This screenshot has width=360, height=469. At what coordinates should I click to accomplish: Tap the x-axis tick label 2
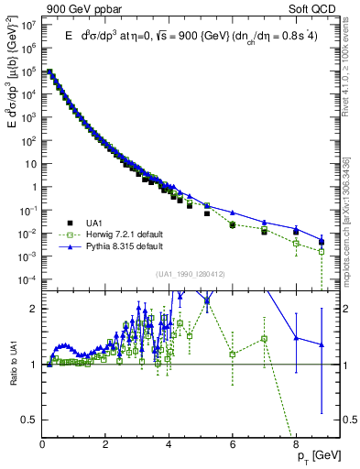point(105,446)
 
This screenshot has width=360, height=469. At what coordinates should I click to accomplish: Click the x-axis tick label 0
point(42,446)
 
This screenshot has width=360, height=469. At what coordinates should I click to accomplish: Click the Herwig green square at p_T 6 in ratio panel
point(233,354)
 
